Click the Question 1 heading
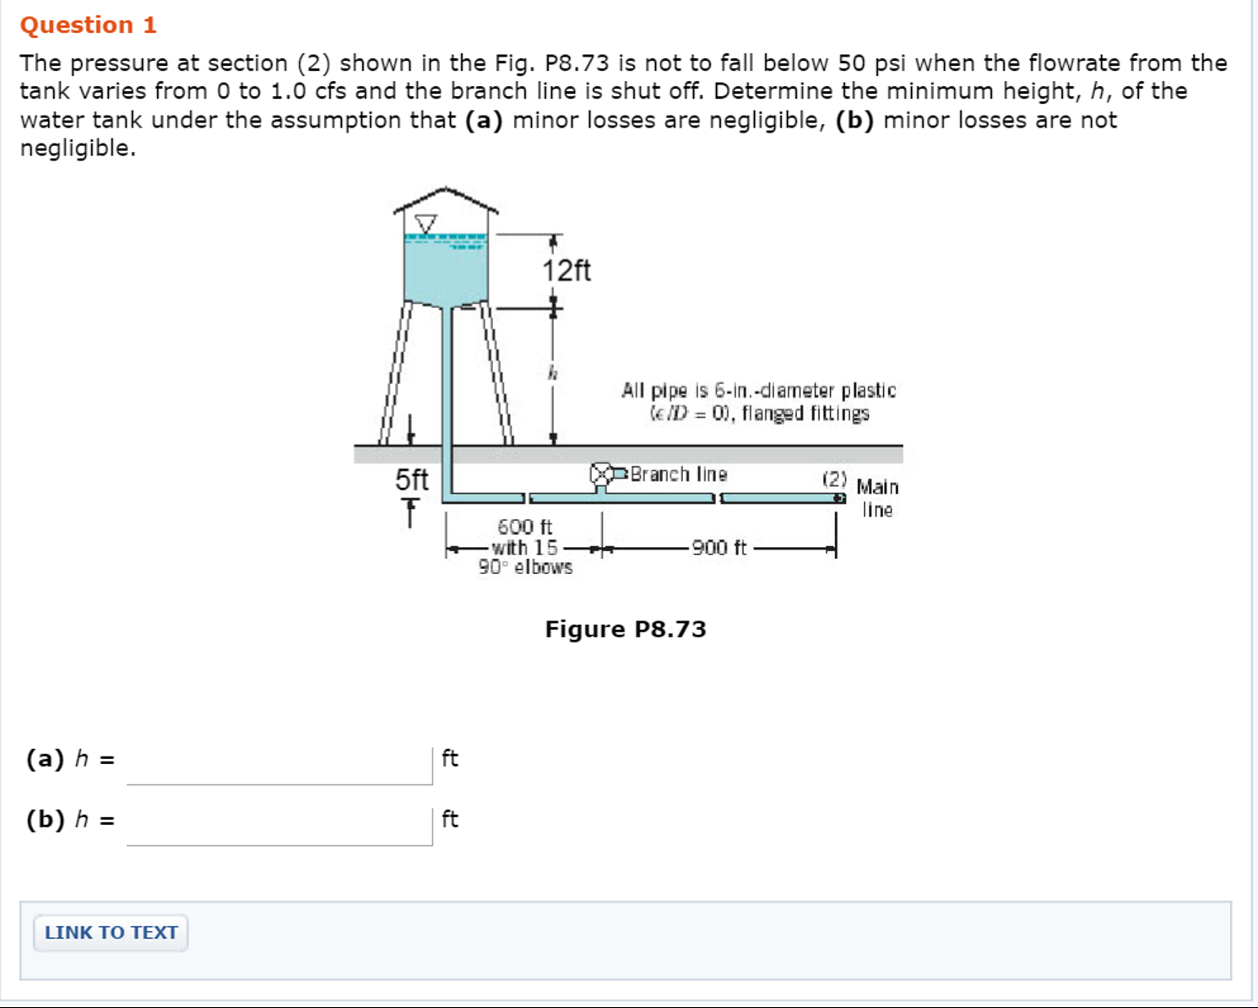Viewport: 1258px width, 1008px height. click(89, 25)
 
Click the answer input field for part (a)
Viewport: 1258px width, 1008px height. click(279, 764)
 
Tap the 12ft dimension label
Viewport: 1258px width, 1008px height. click(567, 271)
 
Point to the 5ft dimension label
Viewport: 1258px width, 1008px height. click(412, 480)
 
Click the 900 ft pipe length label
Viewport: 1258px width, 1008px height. click(719, 548)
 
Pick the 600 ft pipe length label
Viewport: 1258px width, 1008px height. click(524, 527)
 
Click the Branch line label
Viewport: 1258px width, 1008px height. click(679, 474)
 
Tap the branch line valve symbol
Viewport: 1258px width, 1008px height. click(601, 474)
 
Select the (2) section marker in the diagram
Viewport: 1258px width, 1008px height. click(834, 479)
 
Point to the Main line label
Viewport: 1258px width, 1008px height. click(877, 498)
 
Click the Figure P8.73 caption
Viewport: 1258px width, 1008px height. click(626, 629)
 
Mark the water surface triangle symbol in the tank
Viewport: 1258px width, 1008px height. click(426, 224)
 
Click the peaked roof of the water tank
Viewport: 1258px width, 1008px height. click(446, 200)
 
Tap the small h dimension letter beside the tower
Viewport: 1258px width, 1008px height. click(552, 371)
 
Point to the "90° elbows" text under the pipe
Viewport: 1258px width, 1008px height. click(525, 567)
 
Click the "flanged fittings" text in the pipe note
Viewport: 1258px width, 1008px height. click(805, 414)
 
